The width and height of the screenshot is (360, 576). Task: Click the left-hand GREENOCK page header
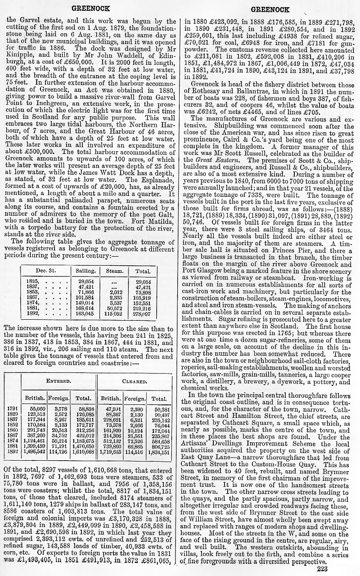tap(88, 9)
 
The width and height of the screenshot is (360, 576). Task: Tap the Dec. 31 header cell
tap(45, 271)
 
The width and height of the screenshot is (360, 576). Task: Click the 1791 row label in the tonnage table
tap(13, 409)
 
